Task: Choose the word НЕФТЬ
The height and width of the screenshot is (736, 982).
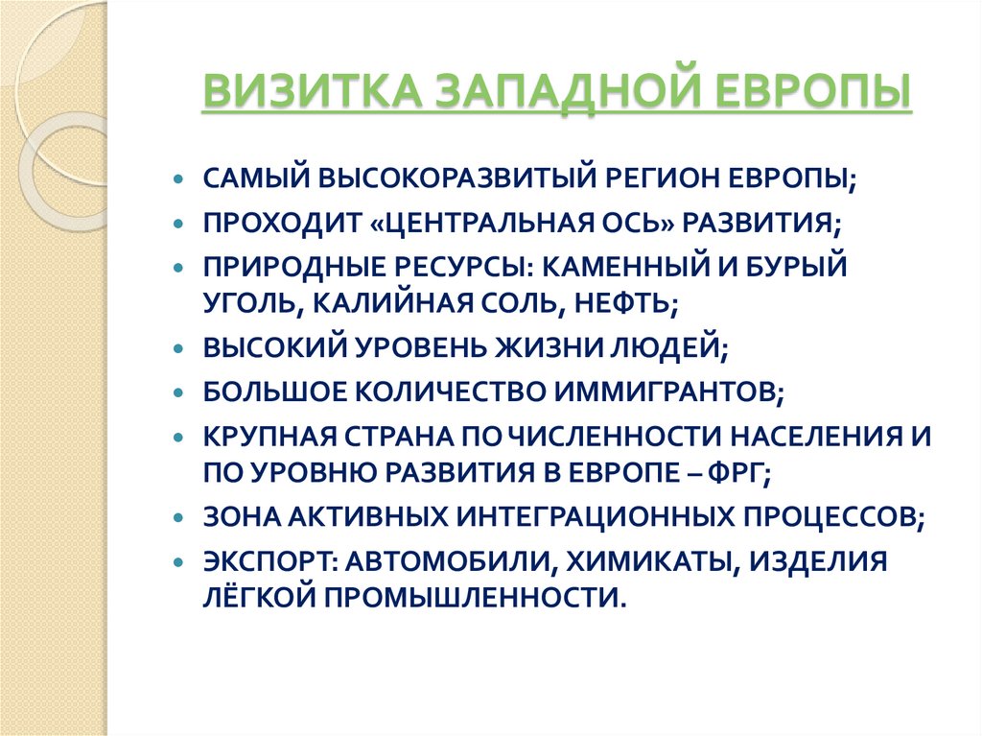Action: click(x=626, y=303)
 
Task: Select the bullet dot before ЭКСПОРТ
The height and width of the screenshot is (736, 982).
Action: click(x=179, y=560)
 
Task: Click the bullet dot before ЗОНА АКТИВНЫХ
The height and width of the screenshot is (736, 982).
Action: click(x=179, y=516)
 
